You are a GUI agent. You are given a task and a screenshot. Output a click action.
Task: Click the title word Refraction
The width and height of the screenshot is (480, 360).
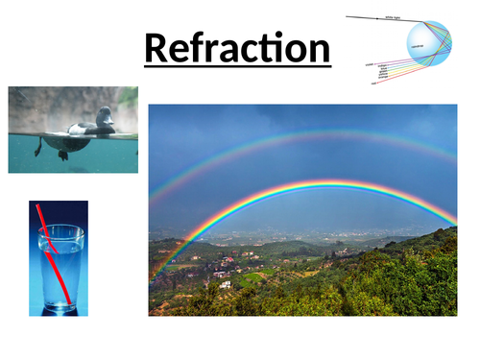[x=237, y=47]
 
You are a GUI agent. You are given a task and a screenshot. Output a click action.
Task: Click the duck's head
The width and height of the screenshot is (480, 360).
[x=104, y=115]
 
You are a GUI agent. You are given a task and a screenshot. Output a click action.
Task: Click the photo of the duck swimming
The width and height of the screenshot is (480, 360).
[x=73, y=130]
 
